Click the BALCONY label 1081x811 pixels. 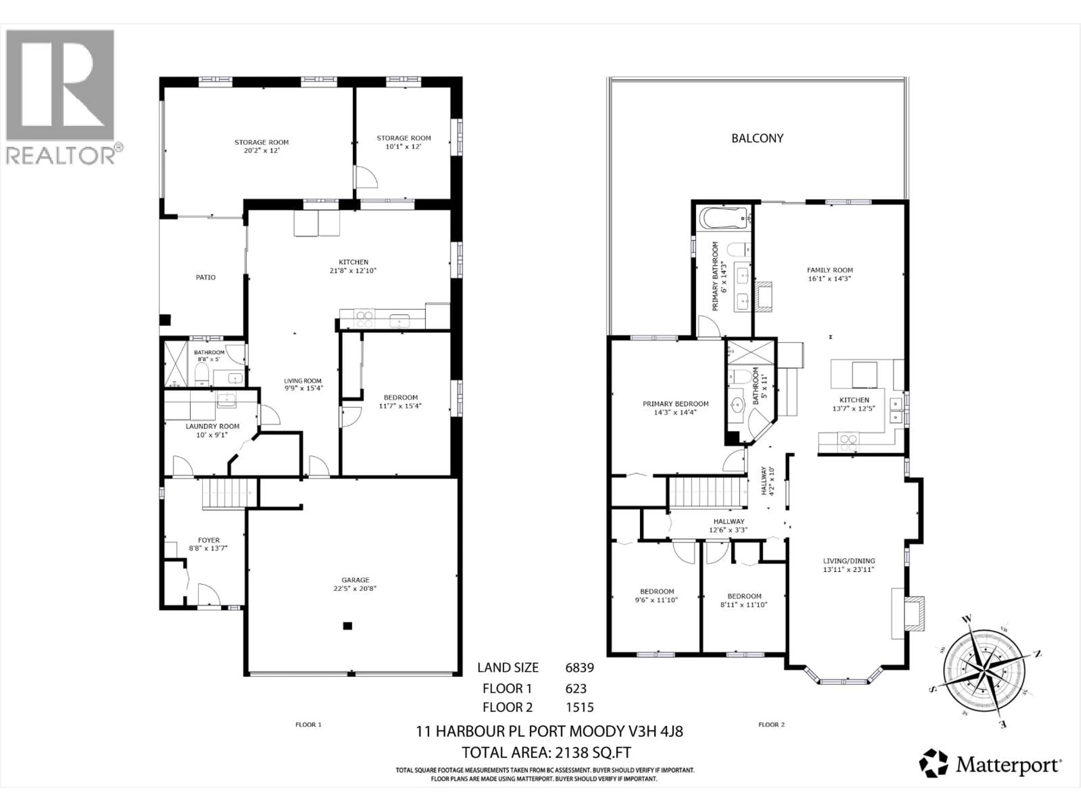[x=757, y=138]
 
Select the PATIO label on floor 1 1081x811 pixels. [x=206, y=277]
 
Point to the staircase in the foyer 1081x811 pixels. [x=229, y=494]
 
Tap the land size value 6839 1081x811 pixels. [x=579, y=667]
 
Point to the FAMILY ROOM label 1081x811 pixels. [x=830, y=270]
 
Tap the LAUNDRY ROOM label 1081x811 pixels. [x=212, y=426]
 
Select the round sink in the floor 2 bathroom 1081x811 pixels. [x=737, y=405]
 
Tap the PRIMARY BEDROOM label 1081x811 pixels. [x=675, y=404]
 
